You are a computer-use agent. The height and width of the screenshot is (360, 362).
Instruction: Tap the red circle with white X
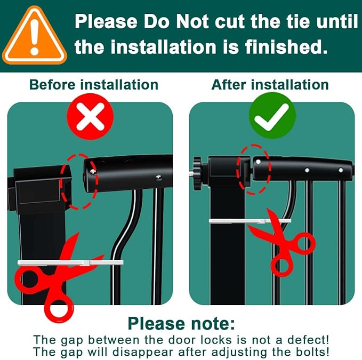tap(90, 117)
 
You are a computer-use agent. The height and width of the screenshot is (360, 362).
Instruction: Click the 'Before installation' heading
tap(93, 85)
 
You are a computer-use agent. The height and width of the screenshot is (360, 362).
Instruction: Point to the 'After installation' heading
tap(270, 85)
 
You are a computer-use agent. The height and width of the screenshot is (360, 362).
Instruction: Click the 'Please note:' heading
tap(181, 323)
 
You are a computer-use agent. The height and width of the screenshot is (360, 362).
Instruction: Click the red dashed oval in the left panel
tap(79, 181)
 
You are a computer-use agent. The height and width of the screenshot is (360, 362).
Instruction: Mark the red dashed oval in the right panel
tap(253, 166)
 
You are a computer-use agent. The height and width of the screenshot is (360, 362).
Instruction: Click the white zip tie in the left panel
tap(69, 262)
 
